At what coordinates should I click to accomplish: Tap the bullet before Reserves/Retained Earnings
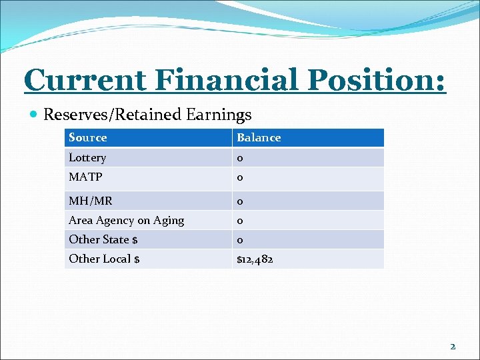pos(33,115)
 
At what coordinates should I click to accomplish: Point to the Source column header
pos(87,137)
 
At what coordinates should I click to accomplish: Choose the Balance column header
pos(259,137)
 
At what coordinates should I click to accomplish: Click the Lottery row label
pos(87,157)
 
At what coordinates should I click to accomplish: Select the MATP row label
pos(85,177)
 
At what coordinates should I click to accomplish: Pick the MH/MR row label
pos(90,201)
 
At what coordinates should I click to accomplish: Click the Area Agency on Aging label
pos(126,220)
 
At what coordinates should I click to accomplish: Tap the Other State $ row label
pos(103,239)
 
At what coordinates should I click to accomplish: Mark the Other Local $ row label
pos(104,259)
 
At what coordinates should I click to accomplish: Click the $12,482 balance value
pos(255,259)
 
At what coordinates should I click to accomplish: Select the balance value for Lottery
pos(240,158)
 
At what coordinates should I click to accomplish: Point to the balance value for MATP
pos(240,177)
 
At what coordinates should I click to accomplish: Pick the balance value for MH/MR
pos(240,201)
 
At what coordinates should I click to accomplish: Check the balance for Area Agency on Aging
pos(240,221)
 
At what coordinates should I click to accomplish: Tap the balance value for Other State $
pos(240,240)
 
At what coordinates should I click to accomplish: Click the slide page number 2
pos(453,346)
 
